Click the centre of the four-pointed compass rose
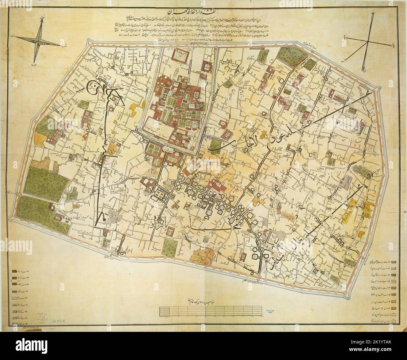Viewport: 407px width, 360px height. [37, 38]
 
